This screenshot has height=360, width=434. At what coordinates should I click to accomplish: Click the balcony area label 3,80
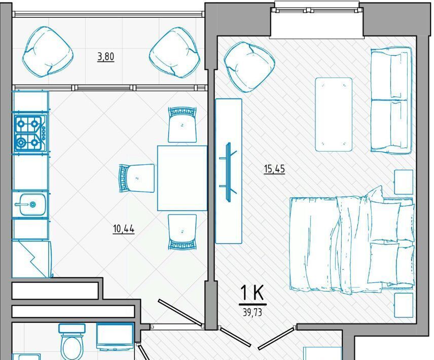point(106,57)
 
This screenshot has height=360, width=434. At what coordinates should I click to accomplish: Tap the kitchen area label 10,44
point(124,229)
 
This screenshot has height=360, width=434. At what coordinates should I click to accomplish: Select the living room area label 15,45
point(274,168)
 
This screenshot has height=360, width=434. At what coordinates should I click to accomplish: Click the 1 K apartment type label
point(252,293)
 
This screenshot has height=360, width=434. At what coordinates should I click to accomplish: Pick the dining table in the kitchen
point(183,178)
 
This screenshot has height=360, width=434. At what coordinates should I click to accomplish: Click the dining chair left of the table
point(136,178)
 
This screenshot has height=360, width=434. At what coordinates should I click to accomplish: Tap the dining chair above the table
point(183,125)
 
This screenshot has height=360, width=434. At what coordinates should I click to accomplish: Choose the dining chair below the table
point(183,232)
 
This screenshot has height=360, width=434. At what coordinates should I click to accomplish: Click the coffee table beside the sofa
point(334,115)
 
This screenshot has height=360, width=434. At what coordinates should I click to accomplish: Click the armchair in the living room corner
point(249,67)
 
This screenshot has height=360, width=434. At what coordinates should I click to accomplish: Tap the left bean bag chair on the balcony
point(48,52)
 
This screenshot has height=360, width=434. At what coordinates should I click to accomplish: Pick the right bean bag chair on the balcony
point(174,53)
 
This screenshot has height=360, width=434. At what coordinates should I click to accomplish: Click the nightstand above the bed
point(404,182)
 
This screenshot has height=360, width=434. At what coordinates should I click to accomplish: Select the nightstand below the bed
point(404,305)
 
